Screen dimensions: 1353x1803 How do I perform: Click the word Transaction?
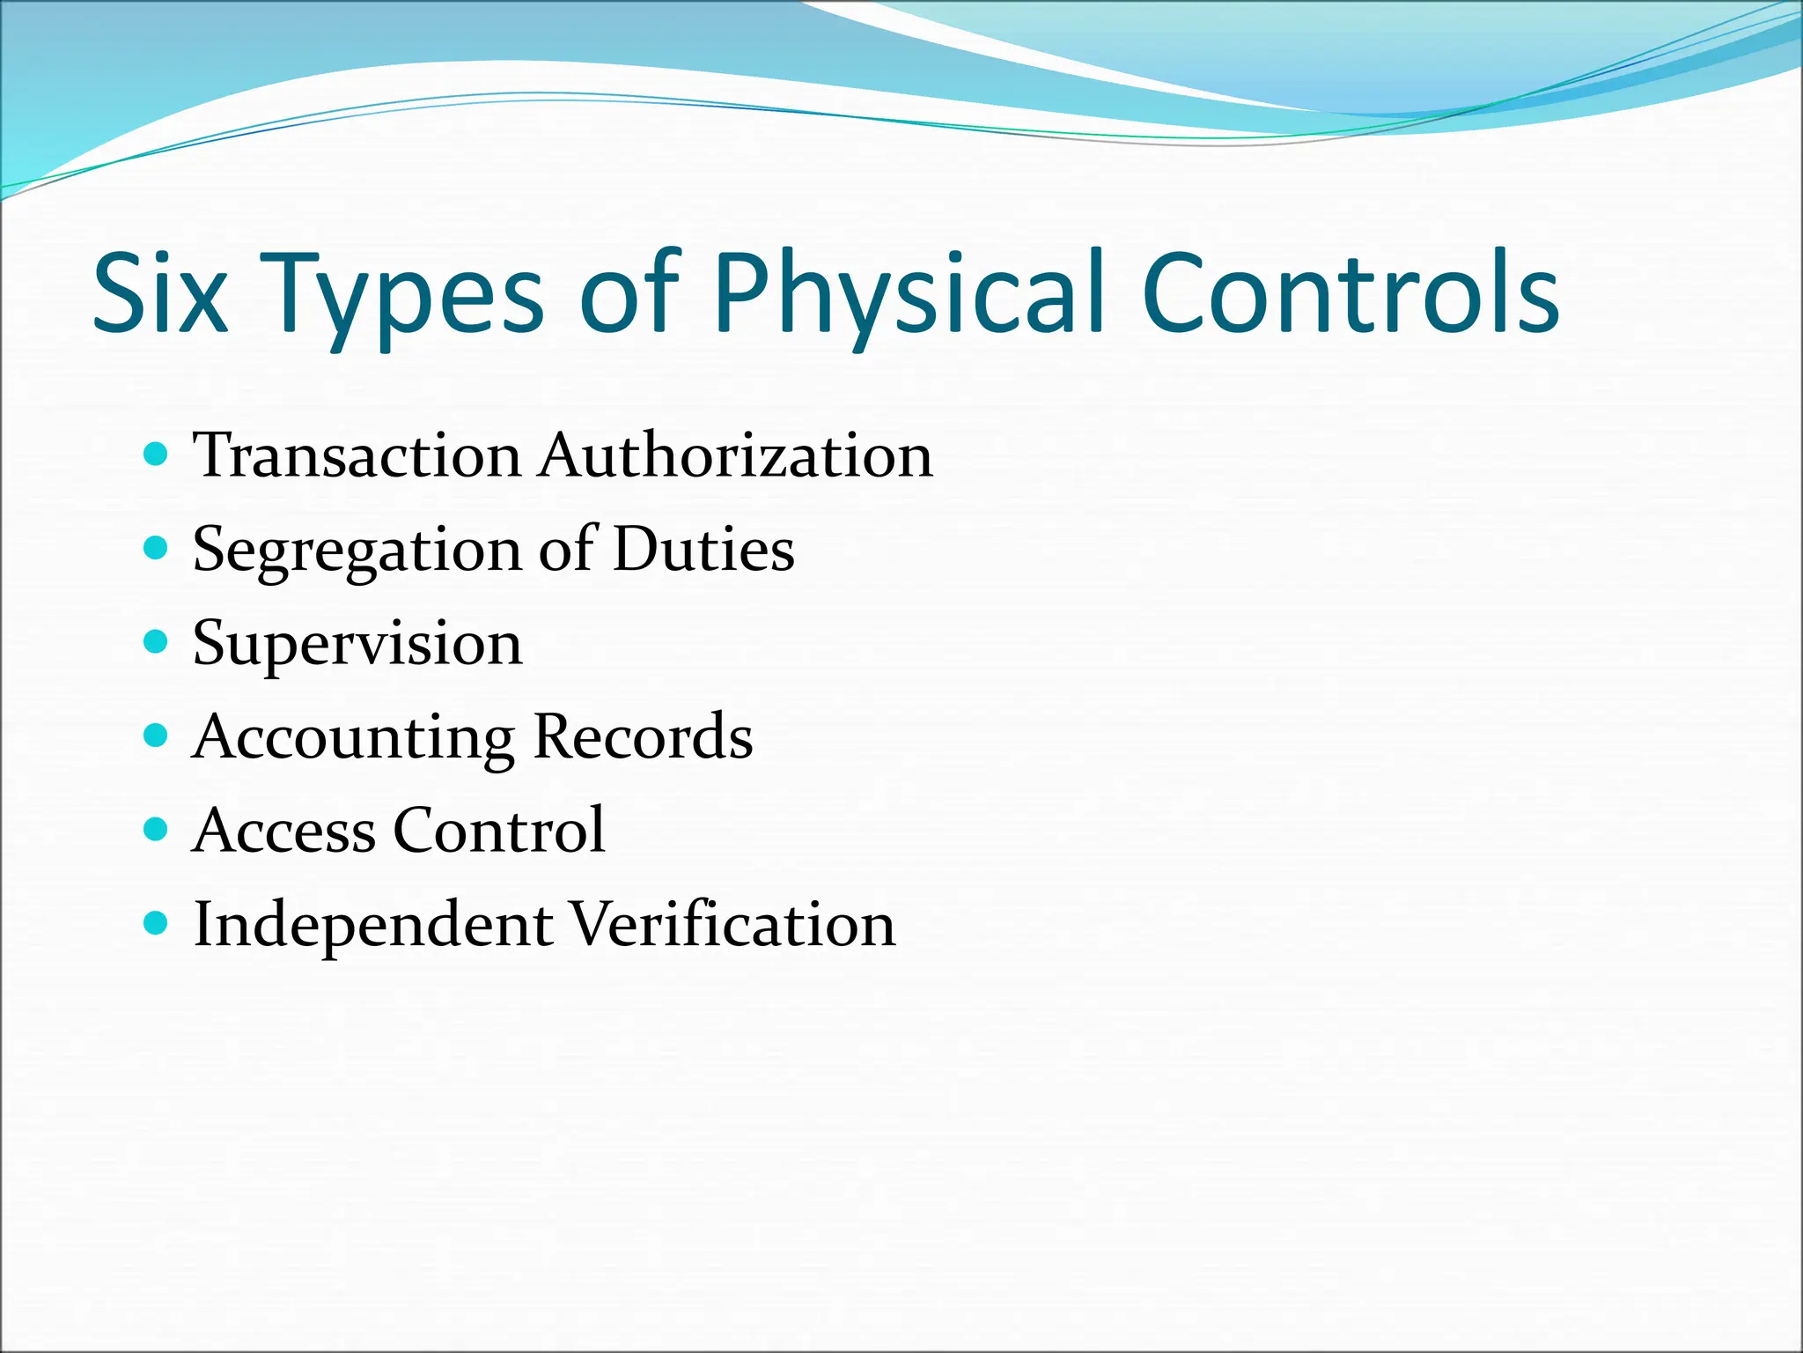pyautogui.click(x=357, y=456)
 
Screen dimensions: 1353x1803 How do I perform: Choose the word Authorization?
pyautogui.click(x=736, y=456)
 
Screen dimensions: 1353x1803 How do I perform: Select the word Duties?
pyautogui.click(x=703, y=550)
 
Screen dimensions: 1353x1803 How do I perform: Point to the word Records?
pyautogui.click(x=643, y=736)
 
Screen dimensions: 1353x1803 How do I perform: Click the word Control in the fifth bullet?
pyautogui.click(x=499, y=831)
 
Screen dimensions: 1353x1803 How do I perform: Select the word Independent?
pyautogui.click(x=373, y=926)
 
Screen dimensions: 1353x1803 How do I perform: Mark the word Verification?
pyautogui.click(x=732, y=925)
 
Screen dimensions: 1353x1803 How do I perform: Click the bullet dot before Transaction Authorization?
pyautogui.click(x=155, y=455)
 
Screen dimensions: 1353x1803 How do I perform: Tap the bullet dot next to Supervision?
pyautogui.click(x=155, y=641)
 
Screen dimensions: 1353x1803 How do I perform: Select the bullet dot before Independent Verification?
pyautogui.click(x=155, y=922)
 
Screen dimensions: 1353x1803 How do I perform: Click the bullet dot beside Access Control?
pyautogui.click(x=155, y=829)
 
